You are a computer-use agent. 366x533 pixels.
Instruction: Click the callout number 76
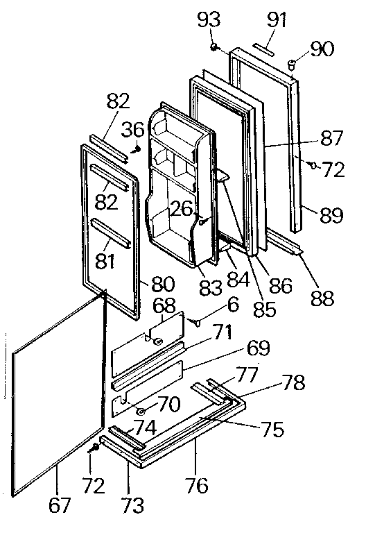pyautogui.click(x=197, y=485)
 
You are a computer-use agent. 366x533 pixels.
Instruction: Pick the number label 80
pyautogui.click(x=163, y=284)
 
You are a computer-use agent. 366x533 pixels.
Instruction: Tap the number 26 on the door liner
pyautogui.click(x=182, y=208)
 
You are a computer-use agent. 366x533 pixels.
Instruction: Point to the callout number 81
pyautogui.click(x=105, y=243)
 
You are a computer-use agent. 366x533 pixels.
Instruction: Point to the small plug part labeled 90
pyautogui.click(x=291, y=65)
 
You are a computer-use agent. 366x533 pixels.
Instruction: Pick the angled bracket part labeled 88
pyautogui.click(x=288, y=244)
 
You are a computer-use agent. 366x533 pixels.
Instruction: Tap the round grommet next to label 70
pyautogui.click(x=141, y=412)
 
